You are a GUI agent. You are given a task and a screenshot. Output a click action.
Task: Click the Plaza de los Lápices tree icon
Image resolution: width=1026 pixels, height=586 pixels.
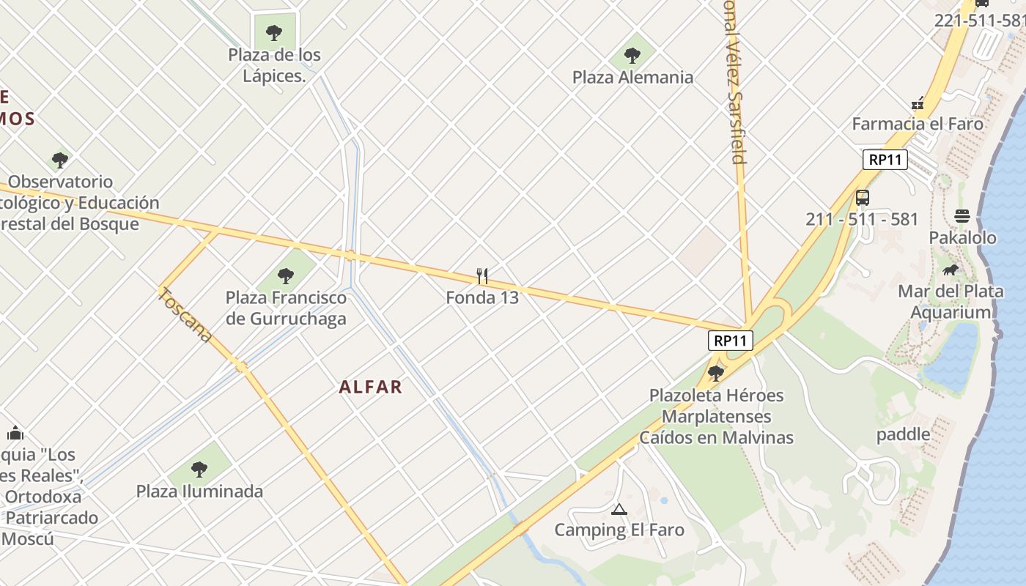[274, 32]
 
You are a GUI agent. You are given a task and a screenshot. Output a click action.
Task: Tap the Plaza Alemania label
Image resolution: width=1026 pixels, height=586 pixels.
[632, 77]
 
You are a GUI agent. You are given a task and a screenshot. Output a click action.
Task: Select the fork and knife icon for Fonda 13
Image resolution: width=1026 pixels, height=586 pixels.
[482, 276]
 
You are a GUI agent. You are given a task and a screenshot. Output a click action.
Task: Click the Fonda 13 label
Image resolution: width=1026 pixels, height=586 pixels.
[482, 297]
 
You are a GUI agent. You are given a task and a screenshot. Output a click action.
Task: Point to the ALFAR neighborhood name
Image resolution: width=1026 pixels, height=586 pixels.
[371, 387]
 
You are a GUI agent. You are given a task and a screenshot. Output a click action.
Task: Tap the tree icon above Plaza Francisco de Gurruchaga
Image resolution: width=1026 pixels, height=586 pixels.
[286, 276]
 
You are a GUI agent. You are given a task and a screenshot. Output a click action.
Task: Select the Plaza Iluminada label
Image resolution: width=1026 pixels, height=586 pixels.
[199, 491]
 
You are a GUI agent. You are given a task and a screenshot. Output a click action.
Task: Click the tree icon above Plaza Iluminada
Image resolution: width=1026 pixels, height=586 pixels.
[199, 469]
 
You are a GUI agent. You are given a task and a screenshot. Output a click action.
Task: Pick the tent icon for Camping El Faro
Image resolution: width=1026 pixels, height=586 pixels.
[619, 509]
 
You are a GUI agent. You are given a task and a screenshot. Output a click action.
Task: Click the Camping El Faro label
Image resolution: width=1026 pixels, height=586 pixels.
[619, 530]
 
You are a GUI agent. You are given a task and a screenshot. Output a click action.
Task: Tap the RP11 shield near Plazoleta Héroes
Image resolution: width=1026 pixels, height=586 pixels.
[731, 340]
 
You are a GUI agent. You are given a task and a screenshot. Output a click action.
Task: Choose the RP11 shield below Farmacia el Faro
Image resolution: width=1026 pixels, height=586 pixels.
[885, 160]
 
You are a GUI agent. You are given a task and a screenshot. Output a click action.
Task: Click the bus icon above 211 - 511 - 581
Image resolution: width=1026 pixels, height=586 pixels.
[863, 198]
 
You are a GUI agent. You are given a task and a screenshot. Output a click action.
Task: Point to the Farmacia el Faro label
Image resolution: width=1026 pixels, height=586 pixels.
[918, 124]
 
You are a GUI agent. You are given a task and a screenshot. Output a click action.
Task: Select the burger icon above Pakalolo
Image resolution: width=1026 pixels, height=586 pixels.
[962, 216]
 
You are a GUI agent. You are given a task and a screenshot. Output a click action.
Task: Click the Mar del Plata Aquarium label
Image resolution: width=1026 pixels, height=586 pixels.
[951, 302]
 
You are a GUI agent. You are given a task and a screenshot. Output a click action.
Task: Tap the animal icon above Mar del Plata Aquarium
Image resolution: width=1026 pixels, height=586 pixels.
[951, 270]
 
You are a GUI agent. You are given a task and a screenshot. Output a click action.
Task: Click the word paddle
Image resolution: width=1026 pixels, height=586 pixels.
[904, 434]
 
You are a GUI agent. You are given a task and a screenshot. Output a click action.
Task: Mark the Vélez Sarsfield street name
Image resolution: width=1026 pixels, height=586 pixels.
[735, 88]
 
